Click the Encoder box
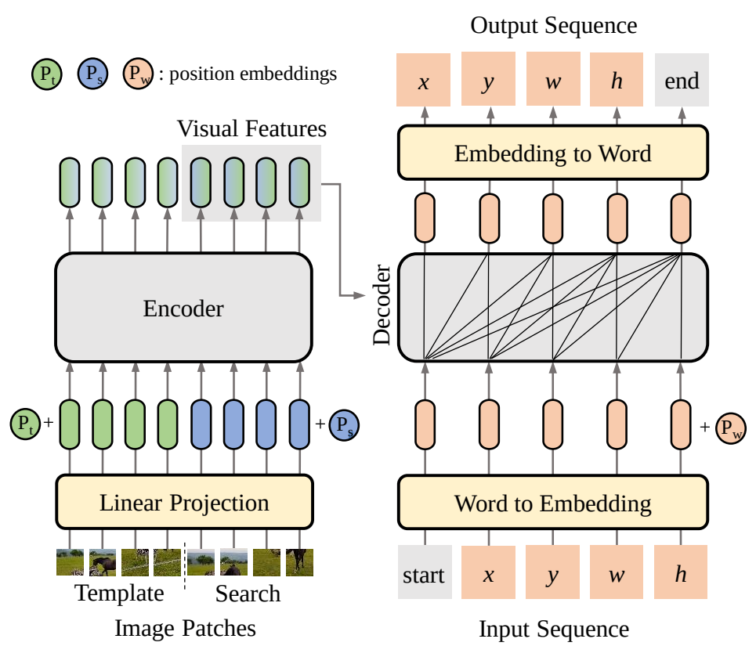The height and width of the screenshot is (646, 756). (x=183, y=308)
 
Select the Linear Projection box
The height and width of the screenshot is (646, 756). (x=184, y=502)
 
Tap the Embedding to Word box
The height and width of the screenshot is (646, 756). (x=552, y=153)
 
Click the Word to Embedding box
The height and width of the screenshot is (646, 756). (x=552, y=502)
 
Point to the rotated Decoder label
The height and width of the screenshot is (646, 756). (x=382, y=305)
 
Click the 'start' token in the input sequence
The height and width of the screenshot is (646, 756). (x=424, y=575)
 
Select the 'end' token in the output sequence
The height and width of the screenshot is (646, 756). (x=682, y=80)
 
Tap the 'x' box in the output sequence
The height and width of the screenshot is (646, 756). (x=424, y=80)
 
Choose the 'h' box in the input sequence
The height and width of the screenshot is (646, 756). (x=681, y=575)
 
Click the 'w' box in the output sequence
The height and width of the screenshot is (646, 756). (x=553, y=80)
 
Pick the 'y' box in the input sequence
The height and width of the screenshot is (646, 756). (x=552, y=575)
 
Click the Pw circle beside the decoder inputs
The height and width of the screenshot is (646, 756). (x=731, y=428)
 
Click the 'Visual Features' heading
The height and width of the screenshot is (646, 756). (x=251, y=128)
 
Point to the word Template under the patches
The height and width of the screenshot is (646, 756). (x=120, y=593)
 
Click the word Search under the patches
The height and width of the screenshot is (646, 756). (x=248, y=594)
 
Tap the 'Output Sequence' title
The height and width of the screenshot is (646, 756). (x=553, y=25)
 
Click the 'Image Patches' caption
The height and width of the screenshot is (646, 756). (x=185, y=627)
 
